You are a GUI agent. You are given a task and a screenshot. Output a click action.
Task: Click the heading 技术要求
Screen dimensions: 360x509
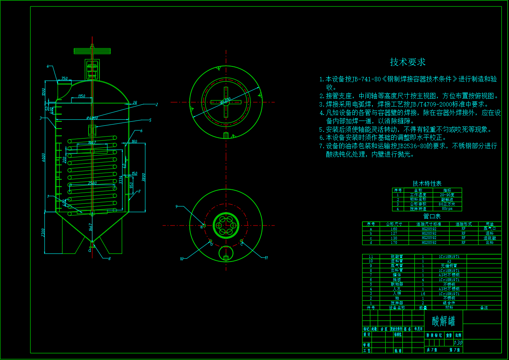408,62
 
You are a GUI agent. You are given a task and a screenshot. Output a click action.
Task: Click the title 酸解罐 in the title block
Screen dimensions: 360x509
443,321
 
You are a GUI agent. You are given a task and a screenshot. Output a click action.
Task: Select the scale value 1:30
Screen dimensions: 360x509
458,343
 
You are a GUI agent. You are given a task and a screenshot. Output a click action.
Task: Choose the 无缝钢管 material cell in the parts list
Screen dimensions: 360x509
449,265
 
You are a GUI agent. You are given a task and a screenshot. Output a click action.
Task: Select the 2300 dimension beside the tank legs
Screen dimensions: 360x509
43,233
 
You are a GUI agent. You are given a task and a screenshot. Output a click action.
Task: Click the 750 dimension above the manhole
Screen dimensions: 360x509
64,78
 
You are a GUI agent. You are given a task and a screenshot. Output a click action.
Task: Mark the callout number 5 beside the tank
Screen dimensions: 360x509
150,120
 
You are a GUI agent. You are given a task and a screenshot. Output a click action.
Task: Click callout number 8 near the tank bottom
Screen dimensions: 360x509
109,259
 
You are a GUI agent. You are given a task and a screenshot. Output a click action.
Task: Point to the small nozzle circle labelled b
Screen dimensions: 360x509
211,241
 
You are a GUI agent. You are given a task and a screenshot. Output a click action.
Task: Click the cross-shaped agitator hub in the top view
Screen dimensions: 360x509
226,102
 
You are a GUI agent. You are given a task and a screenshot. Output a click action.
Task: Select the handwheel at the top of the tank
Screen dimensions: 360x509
92,51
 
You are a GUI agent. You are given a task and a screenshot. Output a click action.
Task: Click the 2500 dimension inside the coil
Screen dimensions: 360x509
93,183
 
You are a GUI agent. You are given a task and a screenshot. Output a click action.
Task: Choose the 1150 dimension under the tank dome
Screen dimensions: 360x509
82,96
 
